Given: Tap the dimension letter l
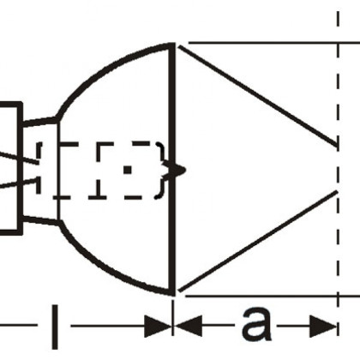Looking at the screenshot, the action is pos(55,327).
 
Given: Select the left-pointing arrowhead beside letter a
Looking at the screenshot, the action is pos(189,326).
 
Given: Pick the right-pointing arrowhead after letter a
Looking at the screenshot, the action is pos(323,326).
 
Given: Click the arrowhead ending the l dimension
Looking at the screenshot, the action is pos(158,326).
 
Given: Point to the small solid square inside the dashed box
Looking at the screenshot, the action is pos(128,170).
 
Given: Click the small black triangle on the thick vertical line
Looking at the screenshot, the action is pos(178,170).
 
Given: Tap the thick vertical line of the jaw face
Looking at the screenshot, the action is pos(171,169).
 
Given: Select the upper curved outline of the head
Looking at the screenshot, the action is pos(109,69).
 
